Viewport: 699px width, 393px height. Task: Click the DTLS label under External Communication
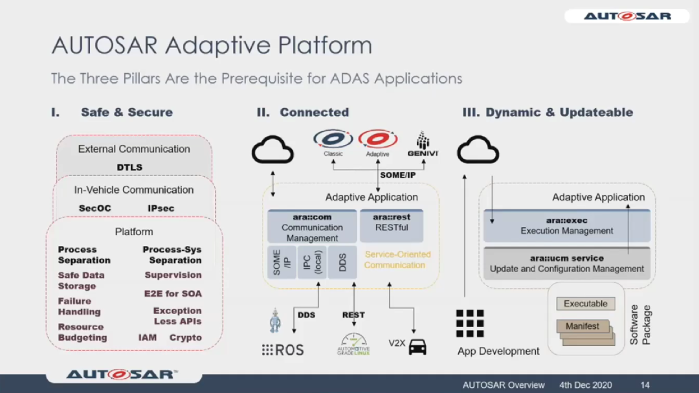tap(129, 167)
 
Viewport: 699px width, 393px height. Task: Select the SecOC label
tap(94, 208)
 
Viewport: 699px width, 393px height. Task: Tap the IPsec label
tap(161, 208)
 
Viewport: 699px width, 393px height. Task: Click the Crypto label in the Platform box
tap(186, 338)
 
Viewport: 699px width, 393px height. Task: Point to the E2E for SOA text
tap(173, 293)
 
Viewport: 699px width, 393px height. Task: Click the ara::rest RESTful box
tap(392, 226)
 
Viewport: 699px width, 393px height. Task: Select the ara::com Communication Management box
tap(312, 227)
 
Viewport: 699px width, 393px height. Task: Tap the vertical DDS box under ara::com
tap(342, 262)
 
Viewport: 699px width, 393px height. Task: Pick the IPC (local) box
tap(312, 262)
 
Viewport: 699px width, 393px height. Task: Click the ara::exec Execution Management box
tap(566, 226)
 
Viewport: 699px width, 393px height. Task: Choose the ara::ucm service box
tap(566, 264)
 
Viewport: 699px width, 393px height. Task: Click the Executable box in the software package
tap(585, 304)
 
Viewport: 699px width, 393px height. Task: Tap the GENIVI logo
tap(423, 144)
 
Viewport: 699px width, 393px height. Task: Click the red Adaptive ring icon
tap(377, 139)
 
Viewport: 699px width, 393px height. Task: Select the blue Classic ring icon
tap(333, 139)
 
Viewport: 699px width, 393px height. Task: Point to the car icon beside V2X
tap(417, 347)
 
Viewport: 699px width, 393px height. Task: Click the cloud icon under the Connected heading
tap(273, 150)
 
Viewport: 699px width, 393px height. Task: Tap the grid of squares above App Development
tap(470, 324)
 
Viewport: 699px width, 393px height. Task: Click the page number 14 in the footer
tap(645, 385)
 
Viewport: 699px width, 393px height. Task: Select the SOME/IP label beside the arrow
tap(397, 175)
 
